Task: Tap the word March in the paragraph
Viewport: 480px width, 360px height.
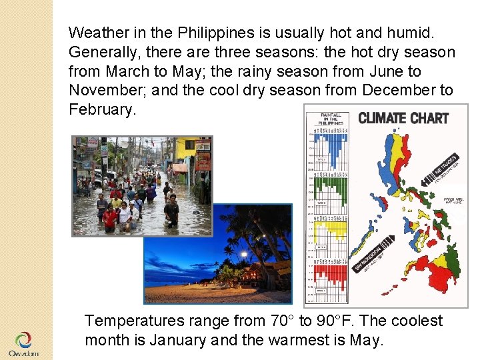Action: click(128, 71)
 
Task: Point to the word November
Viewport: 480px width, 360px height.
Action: click(103, 90)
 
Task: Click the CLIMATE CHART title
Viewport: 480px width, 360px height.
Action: click(403, 119)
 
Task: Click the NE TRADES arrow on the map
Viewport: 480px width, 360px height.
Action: click(441, 169)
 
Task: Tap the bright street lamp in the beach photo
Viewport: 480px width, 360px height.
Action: click(244, 254)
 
